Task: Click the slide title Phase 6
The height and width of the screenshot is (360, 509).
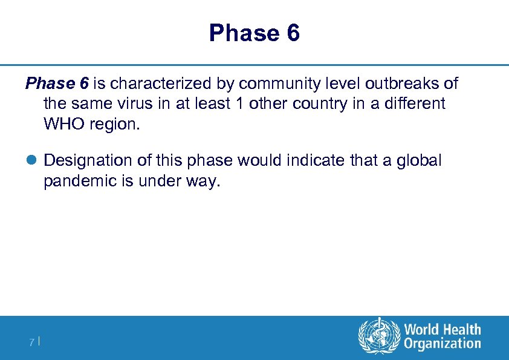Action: [x=254, y=33]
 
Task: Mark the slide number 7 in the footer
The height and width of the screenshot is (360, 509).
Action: [x=31, y=342]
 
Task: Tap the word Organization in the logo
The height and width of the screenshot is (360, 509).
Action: [x=443, y=344]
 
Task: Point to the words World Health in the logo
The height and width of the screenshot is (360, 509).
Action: [x=443, y=330]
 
